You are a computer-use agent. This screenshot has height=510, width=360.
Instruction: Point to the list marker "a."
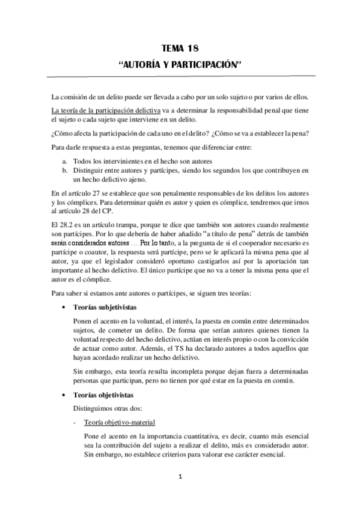(64, 162)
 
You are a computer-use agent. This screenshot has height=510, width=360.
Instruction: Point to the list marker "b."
(64, 171)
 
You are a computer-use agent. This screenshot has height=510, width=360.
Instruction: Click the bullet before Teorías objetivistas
(65, 395)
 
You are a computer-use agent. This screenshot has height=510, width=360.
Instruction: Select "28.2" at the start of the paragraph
(68, 225)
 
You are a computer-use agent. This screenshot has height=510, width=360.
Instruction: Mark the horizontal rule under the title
(180, 75)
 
